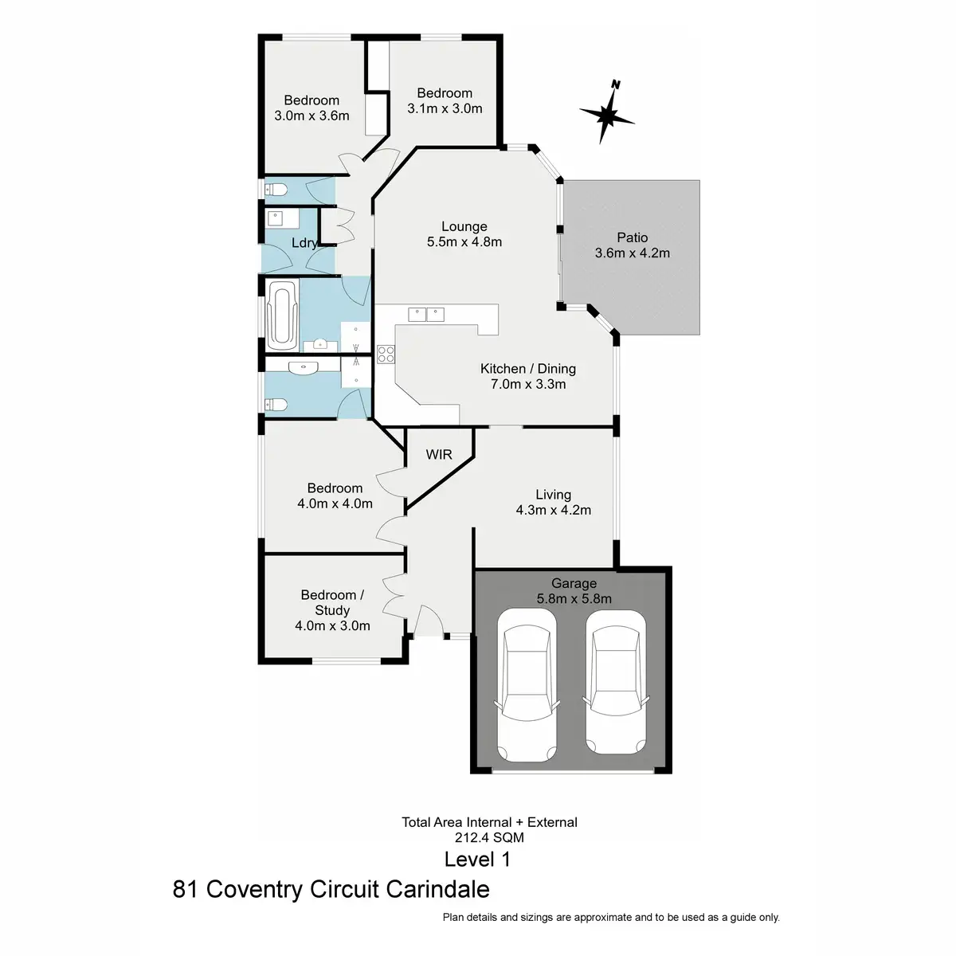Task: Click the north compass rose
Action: [x=608, y=115]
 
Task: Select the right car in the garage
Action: [x=614, y=682]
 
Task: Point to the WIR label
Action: [x=439, y=455]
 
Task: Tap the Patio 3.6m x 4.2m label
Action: [x=632, y=245]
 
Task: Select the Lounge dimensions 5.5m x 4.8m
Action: [x=464, y=242]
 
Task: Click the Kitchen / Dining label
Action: [x=527, y=369]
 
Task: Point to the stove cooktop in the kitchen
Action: [x=386, y=354]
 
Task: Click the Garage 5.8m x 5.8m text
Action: [x=574, y=591]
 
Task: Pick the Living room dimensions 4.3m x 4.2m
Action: [x=554, y=510]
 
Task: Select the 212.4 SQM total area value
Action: [x=490, y=837]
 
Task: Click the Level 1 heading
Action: [x=477, y=860]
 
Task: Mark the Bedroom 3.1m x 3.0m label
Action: [x=445, y=101]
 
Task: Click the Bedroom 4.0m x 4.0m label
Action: [x=335, y=496]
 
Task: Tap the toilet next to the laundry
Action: [x=275, y=190]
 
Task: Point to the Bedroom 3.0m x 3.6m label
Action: [x=311, y=108]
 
